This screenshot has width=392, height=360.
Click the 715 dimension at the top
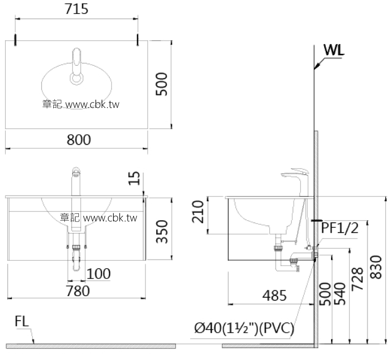(x=77, y=9)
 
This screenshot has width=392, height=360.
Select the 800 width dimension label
(x=78, y=140)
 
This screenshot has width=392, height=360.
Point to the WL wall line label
(x=334, y=50)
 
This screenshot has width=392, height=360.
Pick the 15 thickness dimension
(x=135, y=178)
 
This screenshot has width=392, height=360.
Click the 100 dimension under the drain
(x=99, y=274)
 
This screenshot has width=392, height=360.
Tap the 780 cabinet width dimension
(x=78, y=291)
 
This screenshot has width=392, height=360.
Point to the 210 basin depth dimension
(x=197, y=213)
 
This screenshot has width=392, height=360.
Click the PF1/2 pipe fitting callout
(x=340, y=228)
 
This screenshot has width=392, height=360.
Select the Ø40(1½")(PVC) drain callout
(x=244, y=329)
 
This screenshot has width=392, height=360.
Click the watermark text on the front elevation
(x=99, y=218)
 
